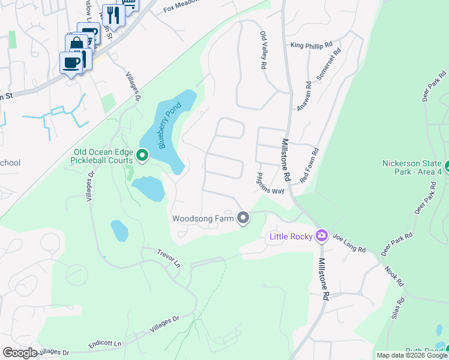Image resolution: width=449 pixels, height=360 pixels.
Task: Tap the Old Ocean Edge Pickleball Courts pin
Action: pos(142,155)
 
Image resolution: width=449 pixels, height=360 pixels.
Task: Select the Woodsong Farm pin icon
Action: pos(243,218)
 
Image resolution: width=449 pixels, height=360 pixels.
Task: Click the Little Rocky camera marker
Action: pos(322,235)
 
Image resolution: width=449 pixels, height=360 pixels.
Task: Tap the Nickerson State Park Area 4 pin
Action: pos(447,164)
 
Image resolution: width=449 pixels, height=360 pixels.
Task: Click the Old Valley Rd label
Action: pos(262,52)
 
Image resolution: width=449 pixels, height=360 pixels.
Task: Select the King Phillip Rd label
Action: pos(311,45)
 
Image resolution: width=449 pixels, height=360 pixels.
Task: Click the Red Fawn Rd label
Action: pos(309,166)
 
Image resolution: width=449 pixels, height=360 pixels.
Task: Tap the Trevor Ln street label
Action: pos(169,260)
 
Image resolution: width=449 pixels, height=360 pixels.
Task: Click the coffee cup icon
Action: pos(71,62)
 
